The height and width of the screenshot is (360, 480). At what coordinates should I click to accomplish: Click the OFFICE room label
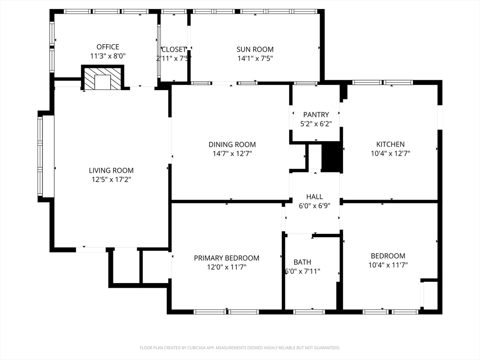(x=108, y=47)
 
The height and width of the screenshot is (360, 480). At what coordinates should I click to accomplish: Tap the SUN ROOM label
(x=255, y=49)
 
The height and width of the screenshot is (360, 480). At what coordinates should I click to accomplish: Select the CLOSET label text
(x=174, y=49)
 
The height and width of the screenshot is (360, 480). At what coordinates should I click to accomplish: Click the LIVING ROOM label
(x=111, y=171)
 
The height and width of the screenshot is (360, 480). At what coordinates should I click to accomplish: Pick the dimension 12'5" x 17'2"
(x=111, y=179)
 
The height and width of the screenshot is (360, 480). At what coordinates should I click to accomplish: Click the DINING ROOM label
(x=232, y=145)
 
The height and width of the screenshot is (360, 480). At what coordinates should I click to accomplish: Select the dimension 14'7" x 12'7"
(x=232, y=153)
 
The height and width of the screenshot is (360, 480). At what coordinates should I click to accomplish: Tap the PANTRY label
(x=316, y=114)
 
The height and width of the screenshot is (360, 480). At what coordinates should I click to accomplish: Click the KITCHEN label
(x=390, y=144)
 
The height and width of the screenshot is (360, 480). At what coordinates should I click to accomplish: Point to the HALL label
(x=315, y=197)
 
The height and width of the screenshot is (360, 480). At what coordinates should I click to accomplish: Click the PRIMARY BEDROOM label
(x=226, y=258)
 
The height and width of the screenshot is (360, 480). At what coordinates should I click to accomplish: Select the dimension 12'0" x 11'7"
(x=226, y=267)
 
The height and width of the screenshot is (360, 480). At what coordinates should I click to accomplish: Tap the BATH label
(x=302, y=262)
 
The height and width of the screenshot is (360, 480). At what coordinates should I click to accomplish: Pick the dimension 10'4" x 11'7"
(x=388, y=265)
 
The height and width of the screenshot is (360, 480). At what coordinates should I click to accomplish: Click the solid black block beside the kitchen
(x=333, y=157)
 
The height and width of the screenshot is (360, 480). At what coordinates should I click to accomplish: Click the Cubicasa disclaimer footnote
(x=240, y=348)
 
